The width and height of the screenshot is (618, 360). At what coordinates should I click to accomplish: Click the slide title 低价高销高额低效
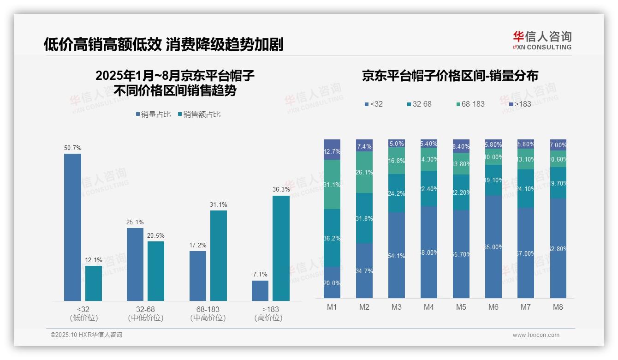point(163,44)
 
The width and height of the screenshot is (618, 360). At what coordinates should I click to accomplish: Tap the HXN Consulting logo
point(542,41)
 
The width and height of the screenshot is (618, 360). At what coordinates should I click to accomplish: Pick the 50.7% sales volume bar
point(72,227)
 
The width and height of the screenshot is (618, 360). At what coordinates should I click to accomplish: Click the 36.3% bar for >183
point(281,248)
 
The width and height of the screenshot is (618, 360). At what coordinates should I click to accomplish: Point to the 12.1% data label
point(93,260)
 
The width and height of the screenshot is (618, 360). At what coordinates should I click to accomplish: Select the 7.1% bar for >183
point(260,291)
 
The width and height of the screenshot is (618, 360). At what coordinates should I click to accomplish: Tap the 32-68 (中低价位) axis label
point(145,313)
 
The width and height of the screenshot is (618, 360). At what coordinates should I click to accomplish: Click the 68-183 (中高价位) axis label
point(208,313)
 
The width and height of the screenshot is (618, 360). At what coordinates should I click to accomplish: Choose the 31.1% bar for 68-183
point(219,256)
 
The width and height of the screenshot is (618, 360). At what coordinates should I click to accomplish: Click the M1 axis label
point(332,307)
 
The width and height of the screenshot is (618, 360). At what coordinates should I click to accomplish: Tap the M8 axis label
point(558,307)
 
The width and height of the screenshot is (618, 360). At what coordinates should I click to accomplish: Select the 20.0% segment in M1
point(332,282)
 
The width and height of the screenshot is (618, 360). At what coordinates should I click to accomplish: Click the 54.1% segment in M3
point(397,255)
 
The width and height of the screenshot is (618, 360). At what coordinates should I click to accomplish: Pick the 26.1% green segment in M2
point(364,172)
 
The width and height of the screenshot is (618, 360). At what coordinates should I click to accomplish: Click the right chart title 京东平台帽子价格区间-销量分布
point(450,76)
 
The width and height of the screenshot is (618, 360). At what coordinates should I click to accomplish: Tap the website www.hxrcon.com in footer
point(535,335)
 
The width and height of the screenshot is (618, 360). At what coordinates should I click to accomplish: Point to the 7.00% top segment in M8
point(558,145)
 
